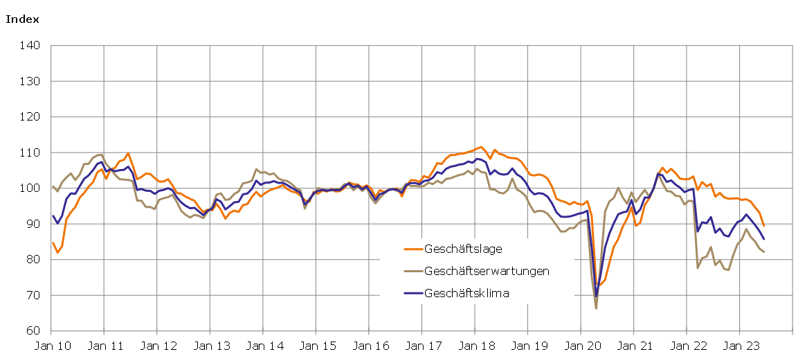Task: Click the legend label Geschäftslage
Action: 463,248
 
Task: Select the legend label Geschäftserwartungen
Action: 487,271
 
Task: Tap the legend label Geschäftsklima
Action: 466,293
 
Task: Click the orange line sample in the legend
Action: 412,248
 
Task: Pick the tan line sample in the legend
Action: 412,271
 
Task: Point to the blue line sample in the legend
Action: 412,293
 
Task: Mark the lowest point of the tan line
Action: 596,308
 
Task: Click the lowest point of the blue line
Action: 596,296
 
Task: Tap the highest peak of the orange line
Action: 481,147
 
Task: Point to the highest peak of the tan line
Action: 101,154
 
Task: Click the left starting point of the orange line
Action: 53,242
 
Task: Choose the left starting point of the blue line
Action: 53,215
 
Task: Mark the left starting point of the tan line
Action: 53,186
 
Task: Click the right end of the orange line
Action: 764,226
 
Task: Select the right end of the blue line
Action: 764,239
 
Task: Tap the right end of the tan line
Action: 764,251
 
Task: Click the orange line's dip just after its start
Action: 57,252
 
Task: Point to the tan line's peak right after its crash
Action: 618,188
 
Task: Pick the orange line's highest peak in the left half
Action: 128,153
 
